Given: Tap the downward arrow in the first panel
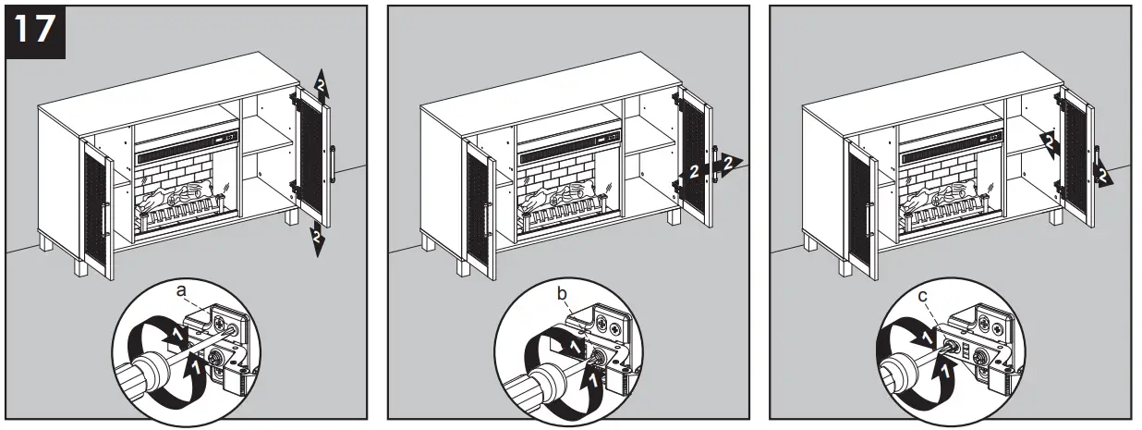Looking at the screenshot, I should (317, 240).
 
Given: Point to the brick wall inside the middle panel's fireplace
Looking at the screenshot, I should (558, 176).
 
